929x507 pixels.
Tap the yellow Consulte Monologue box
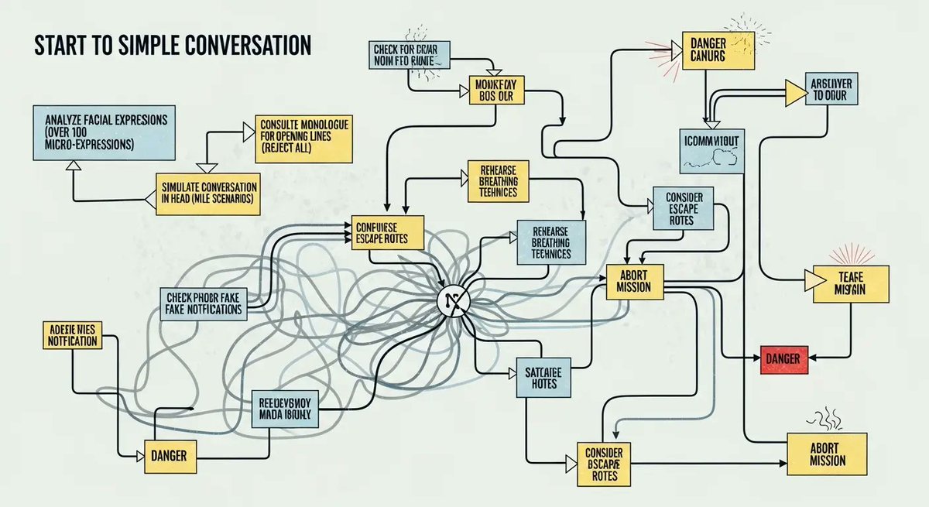pos(304,139)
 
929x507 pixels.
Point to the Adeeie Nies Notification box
pos(70,335)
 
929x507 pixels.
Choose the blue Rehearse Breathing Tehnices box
pos(551,242)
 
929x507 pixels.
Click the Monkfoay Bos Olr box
pos(495,91)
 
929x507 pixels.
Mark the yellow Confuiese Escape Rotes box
pos(388,231)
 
